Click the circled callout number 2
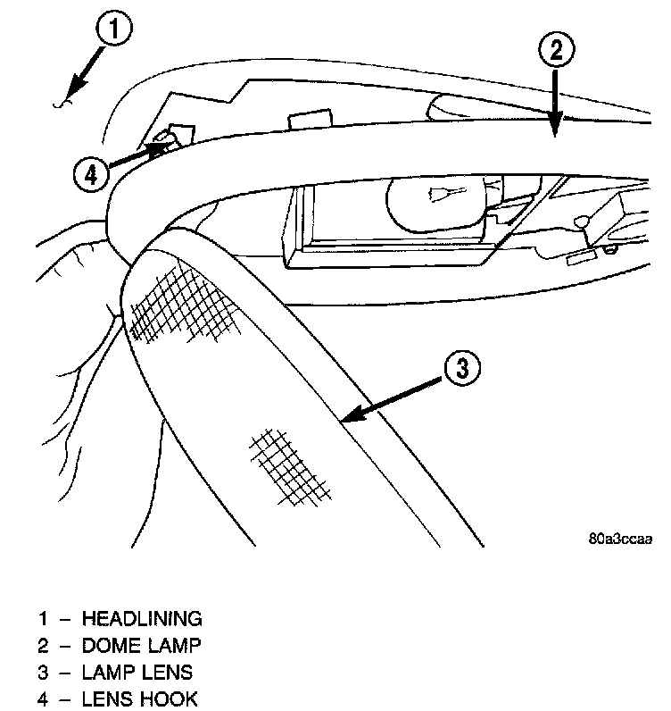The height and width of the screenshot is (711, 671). click(554, 51)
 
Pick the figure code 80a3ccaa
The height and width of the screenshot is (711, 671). click(620, 539)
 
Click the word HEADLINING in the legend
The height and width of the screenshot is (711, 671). click(142, 618)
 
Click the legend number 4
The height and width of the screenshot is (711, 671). click(43, 698)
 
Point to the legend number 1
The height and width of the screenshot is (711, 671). click(43, 618)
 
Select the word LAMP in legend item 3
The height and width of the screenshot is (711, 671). click(108, 672)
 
